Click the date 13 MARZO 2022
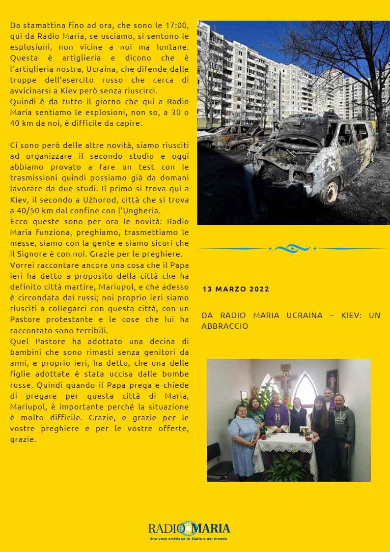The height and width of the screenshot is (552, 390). pos(236,289)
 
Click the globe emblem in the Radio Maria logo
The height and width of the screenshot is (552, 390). pos(187,528)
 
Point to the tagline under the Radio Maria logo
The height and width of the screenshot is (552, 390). pos(188,539)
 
